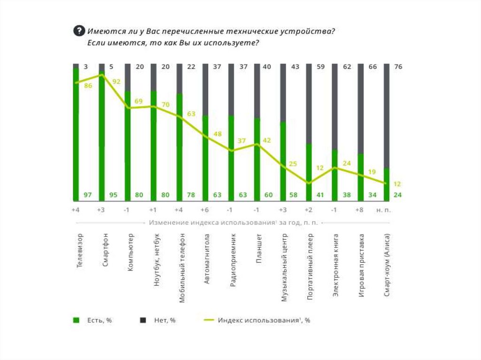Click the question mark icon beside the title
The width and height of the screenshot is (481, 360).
pyautogui.click(x=79, y=31)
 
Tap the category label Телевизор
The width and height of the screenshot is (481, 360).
pyautogui.click(x=80, y=250)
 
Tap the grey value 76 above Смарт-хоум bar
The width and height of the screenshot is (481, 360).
pyautogui.click(x=398, y=67)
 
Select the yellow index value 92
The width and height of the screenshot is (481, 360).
pyautogui.click(x=116, y=82)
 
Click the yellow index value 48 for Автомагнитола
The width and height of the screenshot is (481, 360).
pyautogui.click(x=217, y=134)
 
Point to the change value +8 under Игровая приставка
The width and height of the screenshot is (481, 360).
pyautogui.click(x=359, y=210)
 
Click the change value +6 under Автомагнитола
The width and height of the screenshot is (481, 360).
pyautogui.click(x=204, y=210)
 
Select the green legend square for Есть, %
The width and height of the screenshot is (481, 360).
pyautogui.click(x=76, y=321)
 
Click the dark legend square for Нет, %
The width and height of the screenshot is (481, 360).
pyautogui.click(x=142, y=321)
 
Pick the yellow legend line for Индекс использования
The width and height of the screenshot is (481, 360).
pyautogui.click(x=209, y=321)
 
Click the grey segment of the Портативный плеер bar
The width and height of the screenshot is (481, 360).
pyautogui.click(x=309, y=103)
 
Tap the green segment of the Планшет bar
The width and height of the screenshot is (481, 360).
pyautogui.click(x=257, y=160)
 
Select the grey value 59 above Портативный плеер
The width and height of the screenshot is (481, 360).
pyautogui.click(x=321, y=67)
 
